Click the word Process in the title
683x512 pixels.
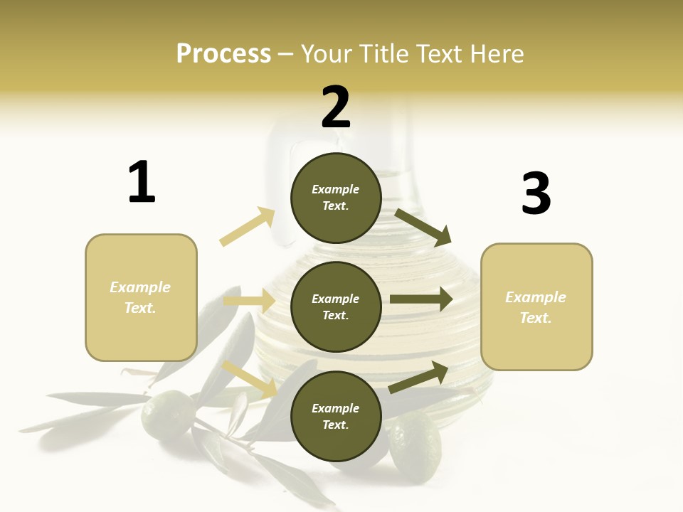(x=223, y=53)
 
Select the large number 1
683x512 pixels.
(x=142, y=182)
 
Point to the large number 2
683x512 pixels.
(x=336, y=107)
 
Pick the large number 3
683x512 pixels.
(x=536, y=193)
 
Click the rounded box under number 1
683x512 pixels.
(x=141, y=297)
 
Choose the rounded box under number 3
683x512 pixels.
(x=536, y=307)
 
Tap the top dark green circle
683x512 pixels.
(x=336, y=198)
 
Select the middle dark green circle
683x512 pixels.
(x=336, y=306)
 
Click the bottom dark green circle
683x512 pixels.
(x=336, y=416)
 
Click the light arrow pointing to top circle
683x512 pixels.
(x=248, y=227)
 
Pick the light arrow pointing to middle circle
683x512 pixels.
(x=249, y=302)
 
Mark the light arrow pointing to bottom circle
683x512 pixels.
(x=250, y=379)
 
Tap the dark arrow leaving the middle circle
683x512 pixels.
(x=420, y=299)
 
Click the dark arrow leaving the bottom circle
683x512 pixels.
(x=418, y=378)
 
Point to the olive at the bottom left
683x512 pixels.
(x=168, y=413)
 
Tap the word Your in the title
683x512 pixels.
(x=327, y=53)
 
